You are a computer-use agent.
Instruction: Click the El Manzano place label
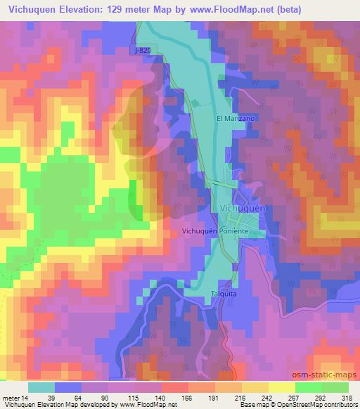point(235,119)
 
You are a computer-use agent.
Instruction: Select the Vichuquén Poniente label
point(215,231)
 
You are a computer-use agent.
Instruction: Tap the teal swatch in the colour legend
point(42,387)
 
